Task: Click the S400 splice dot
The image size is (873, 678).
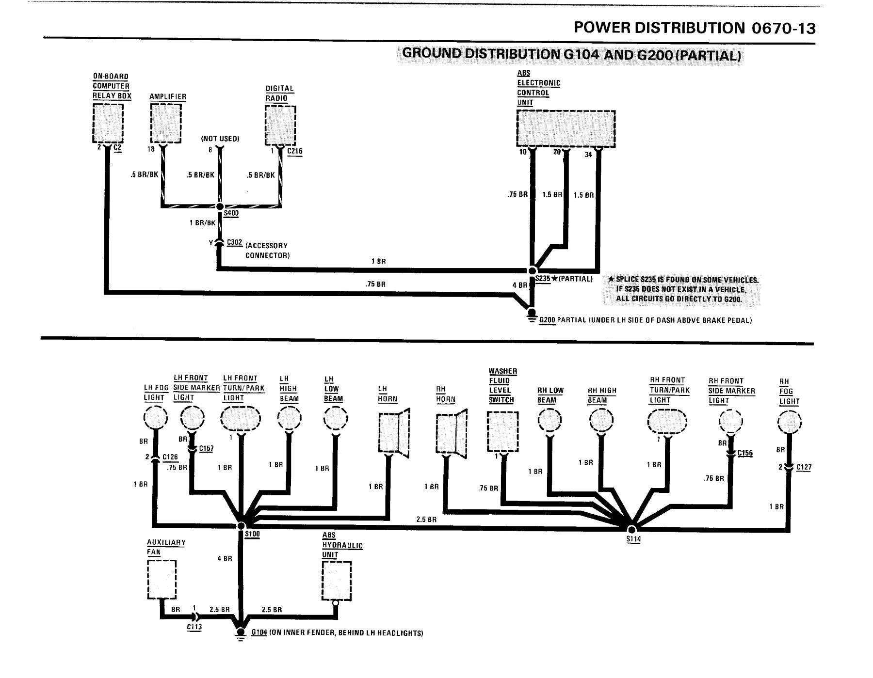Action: point(220,206)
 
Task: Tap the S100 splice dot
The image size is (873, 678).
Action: point(241,526)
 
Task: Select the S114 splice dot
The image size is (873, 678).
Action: point(631,529)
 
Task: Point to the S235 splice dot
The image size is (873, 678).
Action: point(532,270)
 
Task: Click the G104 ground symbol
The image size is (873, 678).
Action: point(240,633)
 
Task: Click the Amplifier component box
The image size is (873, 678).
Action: point(166,124)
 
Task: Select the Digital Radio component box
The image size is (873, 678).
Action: point(280,125)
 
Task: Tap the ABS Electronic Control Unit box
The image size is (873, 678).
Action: point(566,128)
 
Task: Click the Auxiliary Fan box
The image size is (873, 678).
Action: point(162,580)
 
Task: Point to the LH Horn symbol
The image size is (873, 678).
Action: point(394,434)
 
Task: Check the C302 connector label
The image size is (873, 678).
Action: point(235,242)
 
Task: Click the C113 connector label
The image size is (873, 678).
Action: point(194,627)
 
